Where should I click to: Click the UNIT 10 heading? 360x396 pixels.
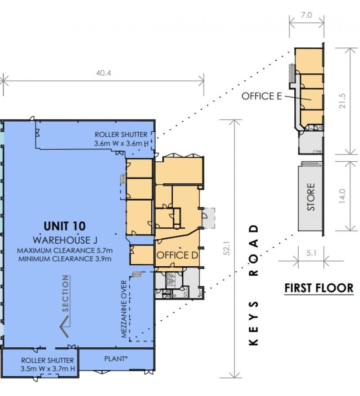(65, 226)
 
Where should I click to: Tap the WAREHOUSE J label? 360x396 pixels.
(65, 240)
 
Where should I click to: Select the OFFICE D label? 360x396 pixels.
(177, 255)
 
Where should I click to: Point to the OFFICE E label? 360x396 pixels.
(261, 96)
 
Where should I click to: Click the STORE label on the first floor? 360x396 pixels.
(311, 197)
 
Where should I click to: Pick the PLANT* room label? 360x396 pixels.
(116, 359)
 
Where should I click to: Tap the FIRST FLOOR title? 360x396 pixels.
(319, 288)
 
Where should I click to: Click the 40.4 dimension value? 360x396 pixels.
(103, 73)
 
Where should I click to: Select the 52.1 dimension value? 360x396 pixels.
(227, 248)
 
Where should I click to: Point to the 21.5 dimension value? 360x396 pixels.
(342, 101)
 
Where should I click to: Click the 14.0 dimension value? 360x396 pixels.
(342, 196)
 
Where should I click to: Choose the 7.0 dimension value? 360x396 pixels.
(306, 15)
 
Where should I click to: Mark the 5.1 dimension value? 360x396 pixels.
(311, 253)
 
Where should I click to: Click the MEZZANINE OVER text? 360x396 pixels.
(124, 309)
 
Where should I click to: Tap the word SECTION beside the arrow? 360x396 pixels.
(65, 293)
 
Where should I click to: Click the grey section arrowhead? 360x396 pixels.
(64, 327)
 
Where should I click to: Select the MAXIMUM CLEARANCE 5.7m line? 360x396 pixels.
(65, 251)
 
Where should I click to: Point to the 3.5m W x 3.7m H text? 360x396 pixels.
(48, 369)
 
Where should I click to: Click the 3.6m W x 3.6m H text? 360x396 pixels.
(121, 143)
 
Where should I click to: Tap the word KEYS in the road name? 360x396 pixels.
(253, 323)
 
